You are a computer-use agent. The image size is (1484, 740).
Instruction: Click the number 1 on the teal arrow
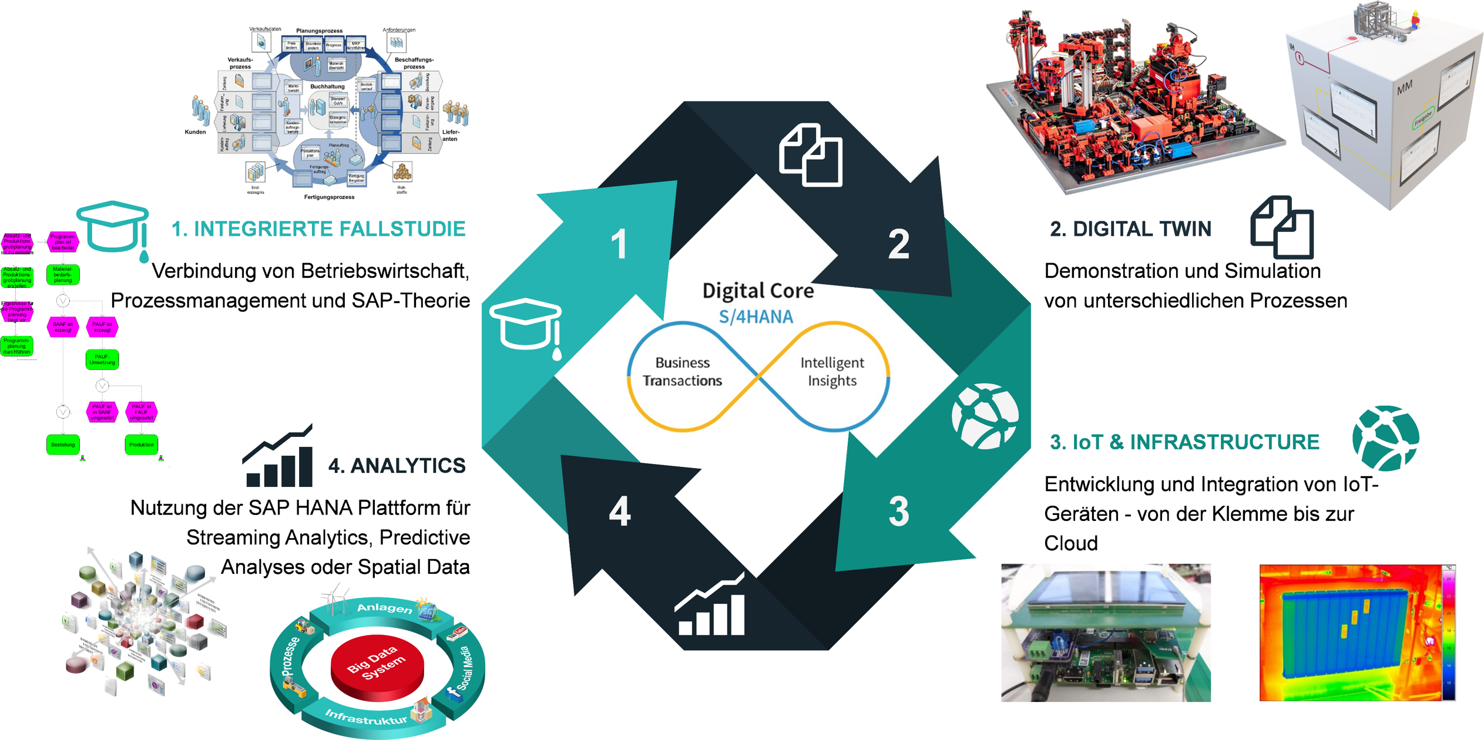(618, 244)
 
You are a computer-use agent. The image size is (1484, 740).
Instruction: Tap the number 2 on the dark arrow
(898, 244)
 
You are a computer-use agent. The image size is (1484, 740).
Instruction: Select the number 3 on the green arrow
(898, 511)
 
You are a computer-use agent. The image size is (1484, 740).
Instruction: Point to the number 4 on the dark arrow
(620, 511)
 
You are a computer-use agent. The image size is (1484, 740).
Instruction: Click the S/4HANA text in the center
(756, 317)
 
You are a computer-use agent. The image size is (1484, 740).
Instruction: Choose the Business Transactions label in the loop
(682, 372)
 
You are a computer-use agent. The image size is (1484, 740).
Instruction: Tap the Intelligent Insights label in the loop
(832, 372)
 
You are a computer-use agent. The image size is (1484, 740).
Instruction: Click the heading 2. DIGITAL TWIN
(1130, 229)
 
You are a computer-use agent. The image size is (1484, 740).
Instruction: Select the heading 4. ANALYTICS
(397, 466)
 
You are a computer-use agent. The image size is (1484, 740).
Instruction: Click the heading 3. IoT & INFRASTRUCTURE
(1184, 442)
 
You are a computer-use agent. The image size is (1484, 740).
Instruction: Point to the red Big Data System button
(377, 666)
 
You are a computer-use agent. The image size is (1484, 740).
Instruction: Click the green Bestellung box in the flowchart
(63, 445)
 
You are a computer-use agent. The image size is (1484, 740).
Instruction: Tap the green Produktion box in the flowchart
(141, 445)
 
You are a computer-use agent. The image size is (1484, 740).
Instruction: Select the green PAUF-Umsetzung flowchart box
(102, 359)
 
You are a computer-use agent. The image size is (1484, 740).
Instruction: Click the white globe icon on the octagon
(985, 416)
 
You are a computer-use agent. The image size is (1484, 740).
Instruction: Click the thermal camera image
(1357, 633)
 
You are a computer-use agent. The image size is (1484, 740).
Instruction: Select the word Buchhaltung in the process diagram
(327, 86)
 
